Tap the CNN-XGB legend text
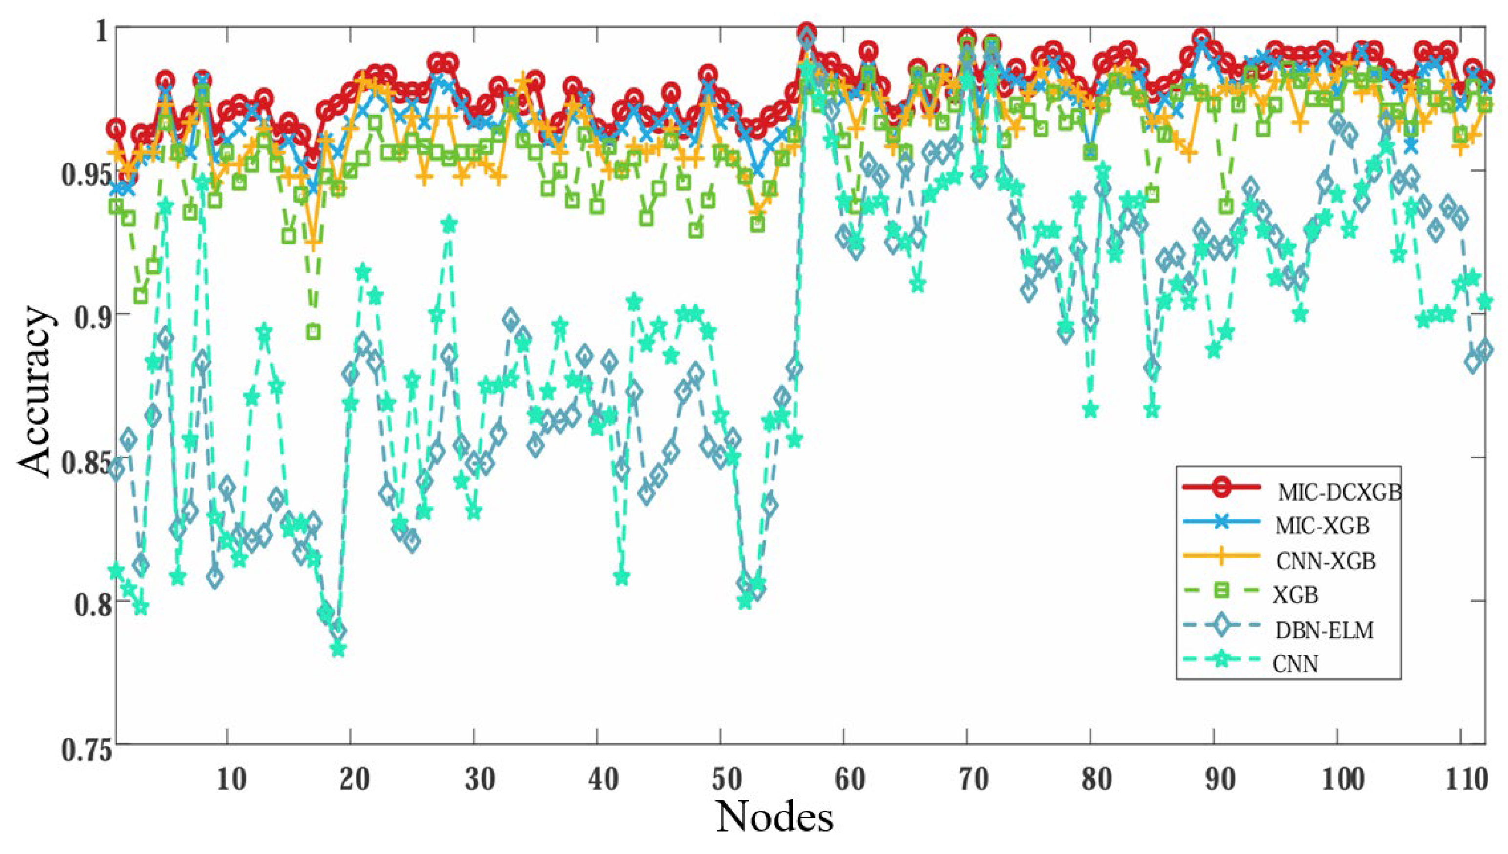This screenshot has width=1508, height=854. click(1325, 561)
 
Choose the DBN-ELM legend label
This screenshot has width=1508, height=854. click(1324, 630)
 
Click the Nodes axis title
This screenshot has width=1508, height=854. click(774, 817)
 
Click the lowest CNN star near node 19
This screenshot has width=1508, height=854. click(338, 650)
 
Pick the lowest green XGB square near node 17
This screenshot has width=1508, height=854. click(314, 332)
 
